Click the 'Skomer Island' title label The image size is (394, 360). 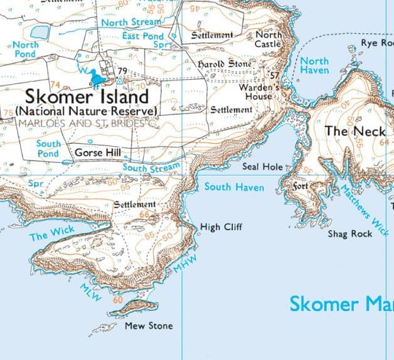87,97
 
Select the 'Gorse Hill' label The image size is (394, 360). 97,152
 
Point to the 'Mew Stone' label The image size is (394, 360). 149,326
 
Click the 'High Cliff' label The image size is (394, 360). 220,227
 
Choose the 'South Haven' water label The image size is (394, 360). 234,187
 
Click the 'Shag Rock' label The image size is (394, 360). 350,234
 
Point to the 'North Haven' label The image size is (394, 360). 314,66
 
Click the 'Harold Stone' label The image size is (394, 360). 225,64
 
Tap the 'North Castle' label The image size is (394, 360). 267,40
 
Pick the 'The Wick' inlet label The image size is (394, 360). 51,234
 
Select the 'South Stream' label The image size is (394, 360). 151,167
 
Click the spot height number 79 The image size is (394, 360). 122,70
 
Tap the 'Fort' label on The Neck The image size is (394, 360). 301,186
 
